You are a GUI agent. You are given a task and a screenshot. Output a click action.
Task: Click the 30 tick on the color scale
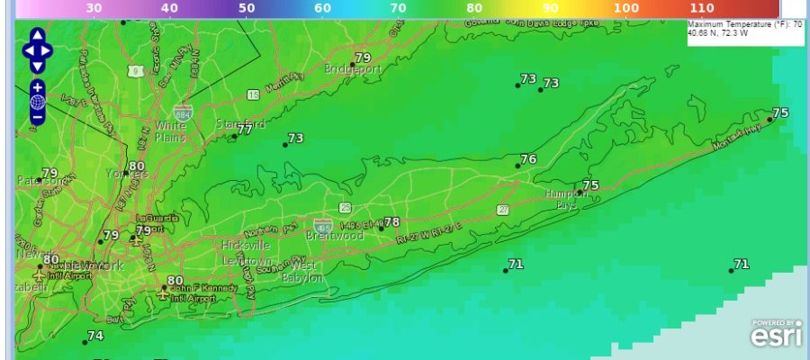(x=94, y=7)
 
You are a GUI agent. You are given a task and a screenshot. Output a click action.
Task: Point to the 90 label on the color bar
(x=550, y=7)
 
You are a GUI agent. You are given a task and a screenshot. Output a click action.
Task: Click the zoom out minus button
(x=38, y=117)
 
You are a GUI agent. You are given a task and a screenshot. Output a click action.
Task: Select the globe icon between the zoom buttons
(x=38, y=103)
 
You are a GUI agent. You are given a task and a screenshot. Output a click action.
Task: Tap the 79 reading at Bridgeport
(x=363, y=58)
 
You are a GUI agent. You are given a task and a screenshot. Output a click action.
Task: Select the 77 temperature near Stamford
(x=245, y=130)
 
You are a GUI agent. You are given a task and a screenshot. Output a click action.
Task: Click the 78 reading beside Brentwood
(x=391, y=222)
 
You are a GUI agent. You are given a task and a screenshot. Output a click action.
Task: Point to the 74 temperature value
(x=95, y=336)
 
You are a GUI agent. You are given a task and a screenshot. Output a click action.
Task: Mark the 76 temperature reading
(x=528, y=159)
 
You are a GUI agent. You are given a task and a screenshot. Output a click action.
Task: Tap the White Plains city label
(x=170, y=131)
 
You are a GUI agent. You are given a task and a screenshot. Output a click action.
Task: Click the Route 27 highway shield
(x=502, y=209)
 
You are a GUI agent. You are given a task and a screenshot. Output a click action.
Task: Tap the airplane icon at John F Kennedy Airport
(x=163, y=293)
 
